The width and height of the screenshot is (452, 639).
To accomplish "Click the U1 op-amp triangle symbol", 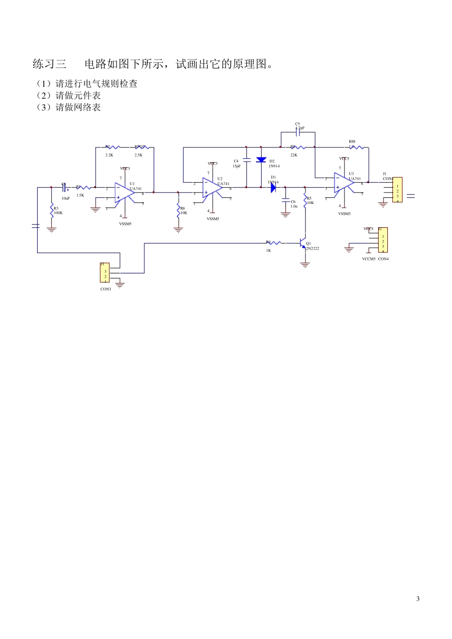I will pos(124,193).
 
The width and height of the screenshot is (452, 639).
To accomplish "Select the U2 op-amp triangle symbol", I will pos(211,187).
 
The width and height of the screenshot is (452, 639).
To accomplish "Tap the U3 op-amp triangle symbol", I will pos(343,183).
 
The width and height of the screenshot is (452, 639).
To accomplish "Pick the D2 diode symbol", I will pos(261,160).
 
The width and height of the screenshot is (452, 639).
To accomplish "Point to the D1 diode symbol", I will pos(273,187).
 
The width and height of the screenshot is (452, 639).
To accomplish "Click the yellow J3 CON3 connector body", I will pos(105,272).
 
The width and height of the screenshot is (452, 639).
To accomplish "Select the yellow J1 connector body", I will pos(397,190).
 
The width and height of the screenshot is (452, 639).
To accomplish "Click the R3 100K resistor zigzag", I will pos(51,211).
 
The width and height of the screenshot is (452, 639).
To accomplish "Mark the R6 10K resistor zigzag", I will pos(178,210).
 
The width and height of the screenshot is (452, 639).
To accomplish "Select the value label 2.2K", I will pos(109,155).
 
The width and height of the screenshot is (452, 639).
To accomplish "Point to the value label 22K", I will pos(294,155).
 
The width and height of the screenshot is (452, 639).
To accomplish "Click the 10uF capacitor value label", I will pos(66,198).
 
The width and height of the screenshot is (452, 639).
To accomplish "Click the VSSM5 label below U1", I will pos(125,223).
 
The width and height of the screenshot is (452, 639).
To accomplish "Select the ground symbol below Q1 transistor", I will pos(305,265).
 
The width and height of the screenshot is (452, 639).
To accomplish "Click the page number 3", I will pos(418,599).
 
